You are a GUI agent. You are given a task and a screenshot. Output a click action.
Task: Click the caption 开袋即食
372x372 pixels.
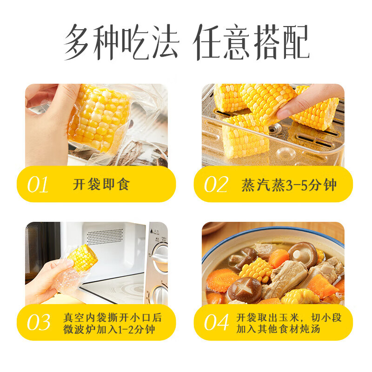point(101,185)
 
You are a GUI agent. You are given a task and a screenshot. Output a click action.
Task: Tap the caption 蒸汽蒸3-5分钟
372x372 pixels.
point(289,185)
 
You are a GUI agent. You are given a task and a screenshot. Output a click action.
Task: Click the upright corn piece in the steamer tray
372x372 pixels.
point(246,136)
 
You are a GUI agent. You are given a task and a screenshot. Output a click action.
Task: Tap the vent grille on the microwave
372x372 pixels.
point(105,236)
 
